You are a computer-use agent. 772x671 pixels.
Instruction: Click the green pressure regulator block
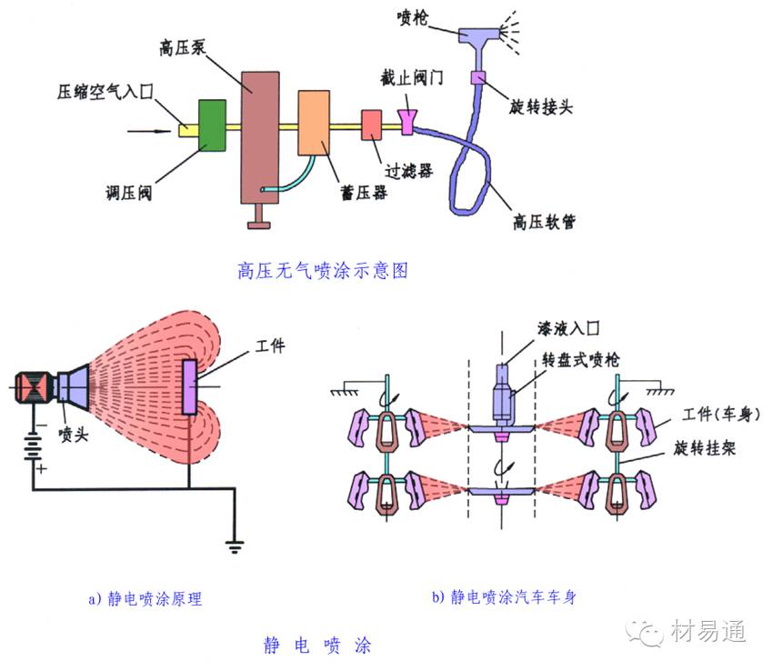[211, 125]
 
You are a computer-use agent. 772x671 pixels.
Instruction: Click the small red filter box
[371, 125]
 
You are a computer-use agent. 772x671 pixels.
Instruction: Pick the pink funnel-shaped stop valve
[406, 122]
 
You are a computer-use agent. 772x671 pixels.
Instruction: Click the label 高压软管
[544, 220]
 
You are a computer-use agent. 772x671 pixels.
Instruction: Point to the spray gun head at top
[483, 34]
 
